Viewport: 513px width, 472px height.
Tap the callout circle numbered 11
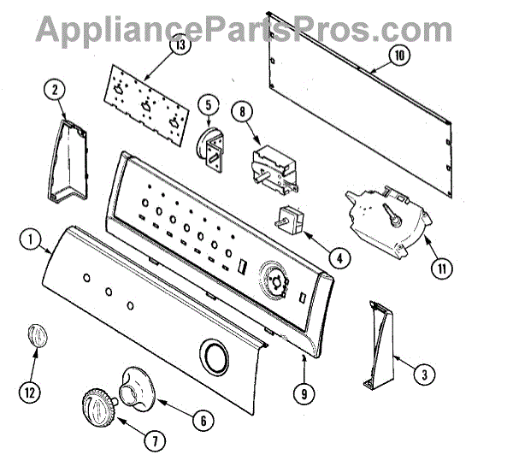point(443,267)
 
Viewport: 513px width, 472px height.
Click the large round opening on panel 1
point(215,354)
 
